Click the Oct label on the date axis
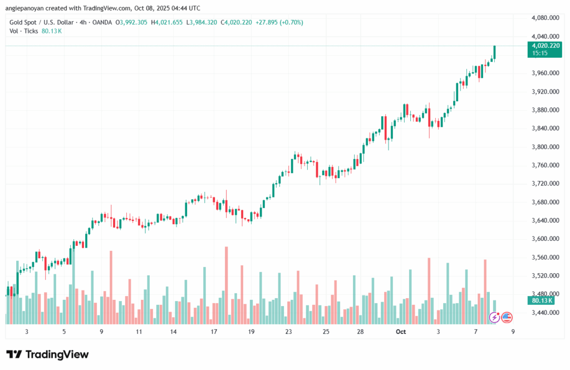click(401, 332)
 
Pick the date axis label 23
click(288, 332)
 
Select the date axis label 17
click(213, 332)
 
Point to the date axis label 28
click(361, 332)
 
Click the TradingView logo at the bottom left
click(47, 354)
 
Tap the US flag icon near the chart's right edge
click(507, 317)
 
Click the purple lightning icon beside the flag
click(494, 317)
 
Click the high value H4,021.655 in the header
click(168, 22)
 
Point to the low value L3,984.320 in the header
click(203, 22)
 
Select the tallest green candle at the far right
click(494, 52)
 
